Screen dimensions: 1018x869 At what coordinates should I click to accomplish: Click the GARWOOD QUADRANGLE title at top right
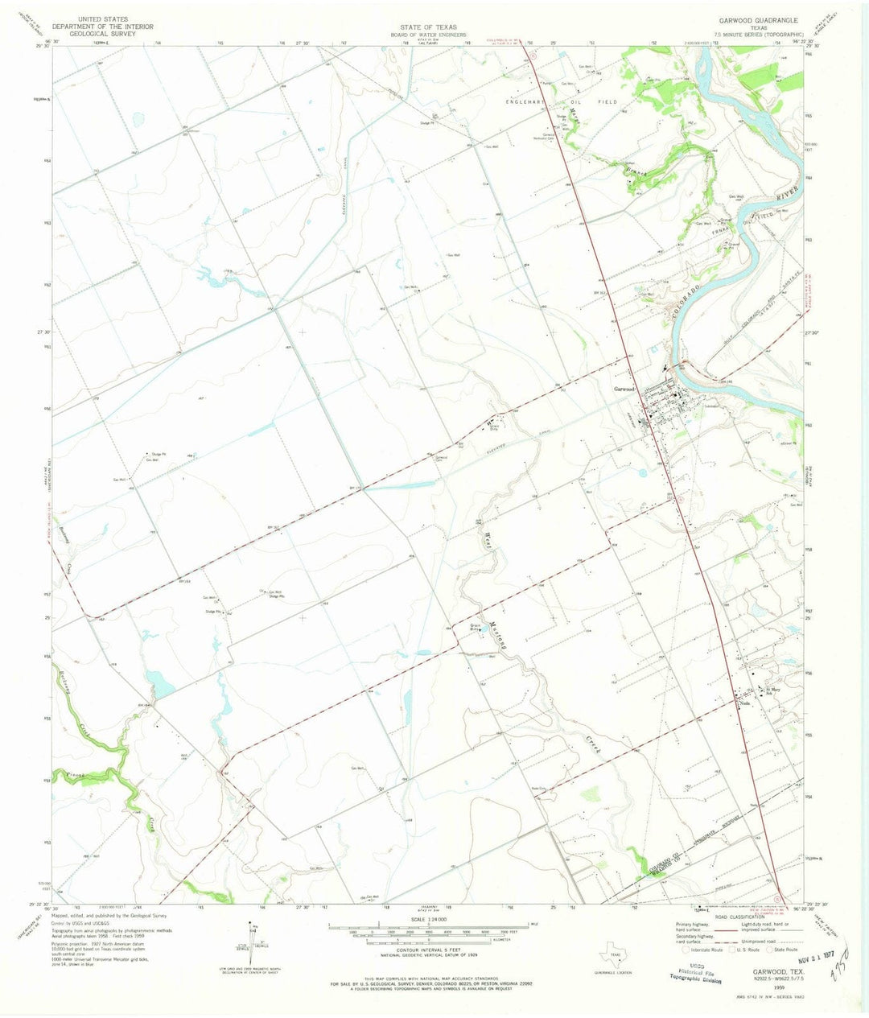click(760, 21)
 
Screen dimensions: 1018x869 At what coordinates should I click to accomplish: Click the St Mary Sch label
click(774, 690)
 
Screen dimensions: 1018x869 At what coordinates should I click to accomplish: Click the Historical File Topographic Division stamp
click(706, 975)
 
